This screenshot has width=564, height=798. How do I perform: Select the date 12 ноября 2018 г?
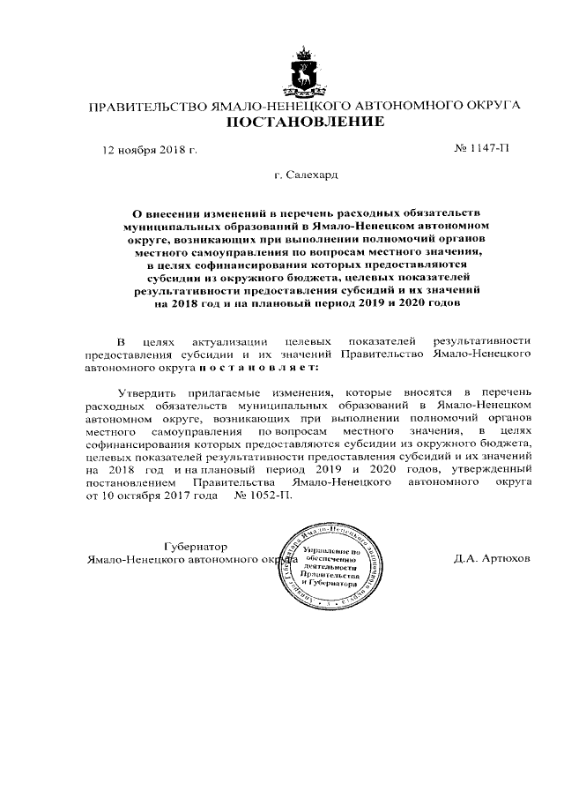coord(149,149)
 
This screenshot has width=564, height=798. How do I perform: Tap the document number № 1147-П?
coord(477,148)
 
